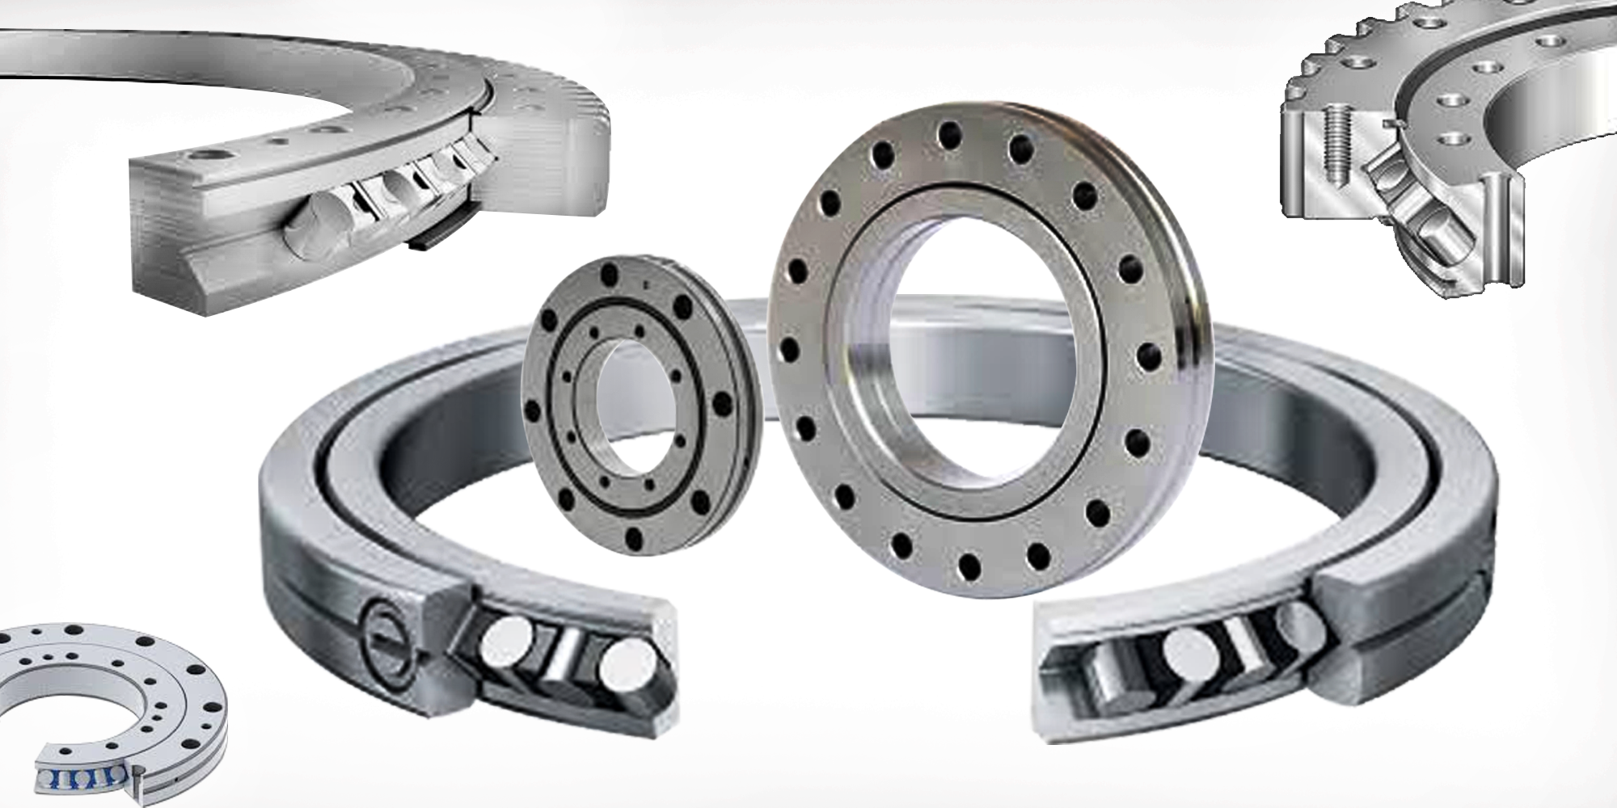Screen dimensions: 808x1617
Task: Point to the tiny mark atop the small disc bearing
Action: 646,285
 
